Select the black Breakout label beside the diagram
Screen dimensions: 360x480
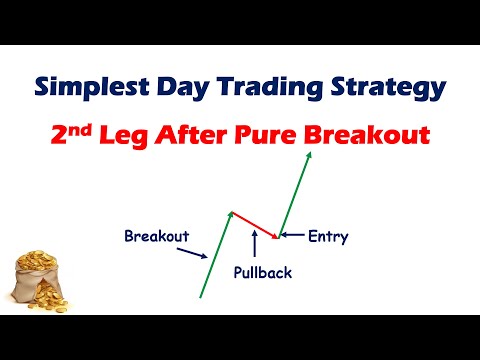coord(157,237)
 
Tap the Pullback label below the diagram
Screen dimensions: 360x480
coord(263,272)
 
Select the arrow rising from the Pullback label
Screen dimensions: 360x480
coord(257,243)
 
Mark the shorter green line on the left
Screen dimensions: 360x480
coord(216,255)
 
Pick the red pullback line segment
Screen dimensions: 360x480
coord(253,225)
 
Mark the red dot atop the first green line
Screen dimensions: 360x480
coord(231,213)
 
